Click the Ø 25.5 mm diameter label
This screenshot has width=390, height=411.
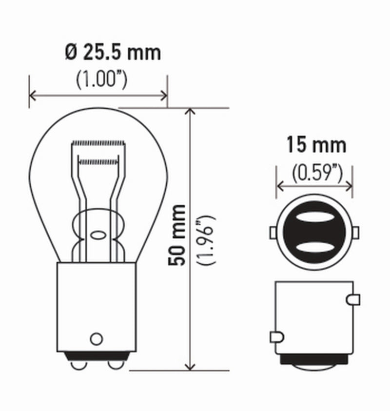pos(113,52)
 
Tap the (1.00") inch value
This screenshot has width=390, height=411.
pos(101,79)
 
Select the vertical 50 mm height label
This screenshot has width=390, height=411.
pos(176,235)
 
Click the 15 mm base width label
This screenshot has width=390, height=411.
pos(316,145)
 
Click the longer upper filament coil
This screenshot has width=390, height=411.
pos(99,143)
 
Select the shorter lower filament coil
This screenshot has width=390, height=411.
pos(98,160)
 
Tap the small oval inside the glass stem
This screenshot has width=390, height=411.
pos(98,235)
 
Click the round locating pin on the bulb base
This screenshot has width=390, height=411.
pos(97,338)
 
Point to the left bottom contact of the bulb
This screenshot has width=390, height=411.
pos(77,364)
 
